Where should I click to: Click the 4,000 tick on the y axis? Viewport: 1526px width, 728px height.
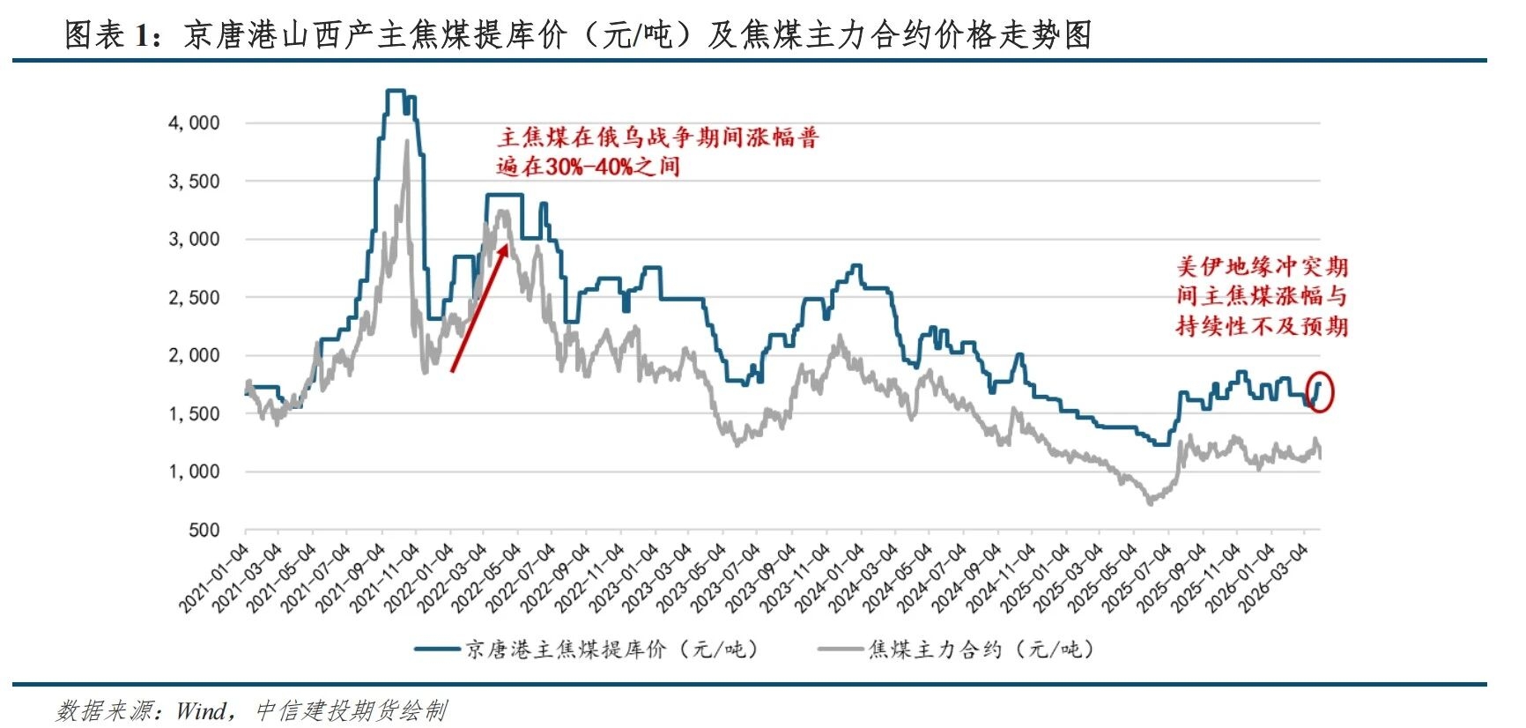click(194, 123)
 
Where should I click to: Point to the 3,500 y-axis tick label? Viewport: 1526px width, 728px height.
click(194, 182)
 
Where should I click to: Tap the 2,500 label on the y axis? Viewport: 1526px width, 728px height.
click(194, 298)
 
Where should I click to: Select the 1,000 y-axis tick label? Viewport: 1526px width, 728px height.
click(194, 472)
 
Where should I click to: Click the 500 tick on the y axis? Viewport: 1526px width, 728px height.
click(204, 531)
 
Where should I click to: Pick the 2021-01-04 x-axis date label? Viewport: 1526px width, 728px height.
click(214, 578)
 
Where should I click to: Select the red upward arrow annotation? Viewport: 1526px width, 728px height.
click(479, 308)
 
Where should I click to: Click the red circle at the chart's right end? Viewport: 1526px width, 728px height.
click(1319, 391)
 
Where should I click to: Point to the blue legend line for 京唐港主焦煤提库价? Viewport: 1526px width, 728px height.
click(439, 650)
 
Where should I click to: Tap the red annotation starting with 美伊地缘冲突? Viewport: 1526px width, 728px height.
click(1262, 296)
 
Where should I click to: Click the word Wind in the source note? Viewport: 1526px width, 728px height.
click(202, 710)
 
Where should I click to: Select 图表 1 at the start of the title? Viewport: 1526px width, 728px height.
click(109, 35)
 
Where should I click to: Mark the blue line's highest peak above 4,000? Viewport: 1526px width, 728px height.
click(395, 91)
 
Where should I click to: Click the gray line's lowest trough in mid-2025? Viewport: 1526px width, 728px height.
click(1150, 503)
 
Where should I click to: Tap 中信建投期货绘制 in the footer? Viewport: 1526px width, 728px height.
click(351, 710)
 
